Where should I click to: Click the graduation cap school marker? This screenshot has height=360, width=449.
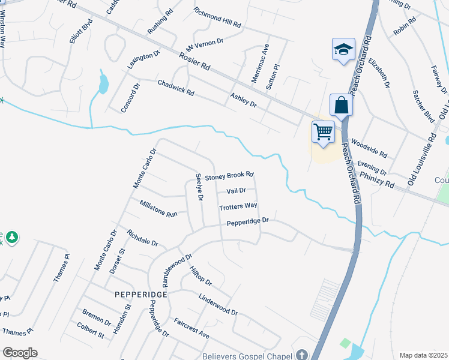coord(343,49)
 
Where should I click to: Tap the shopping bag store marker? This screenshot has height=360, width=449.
coord(341,105)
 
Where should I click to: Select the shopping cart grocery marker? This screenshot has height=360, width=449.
coord(323,131)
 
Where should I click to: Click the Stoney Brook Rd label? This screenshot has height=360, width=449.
coord(230,176)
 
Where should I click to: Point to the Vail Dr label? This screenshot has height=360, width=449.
coord(236,191)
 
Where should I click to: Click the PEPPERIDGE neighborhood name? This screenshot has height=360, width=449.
coord(140,295)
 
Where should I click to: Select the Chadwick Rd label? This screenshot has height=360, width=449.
coord(175,88)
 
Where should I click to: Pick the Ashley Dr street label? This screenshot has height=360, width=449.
coord(243,100)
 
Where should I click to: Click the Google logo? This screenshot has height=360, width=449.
coord(20,353)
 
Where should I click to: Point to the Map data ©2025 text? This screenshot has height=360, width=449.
coord(423,355)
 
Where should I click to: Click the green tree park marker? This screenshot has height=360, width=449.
coord(11,238)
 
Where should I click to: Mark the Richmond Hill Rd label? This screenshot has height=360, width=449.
coord(217,19)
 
